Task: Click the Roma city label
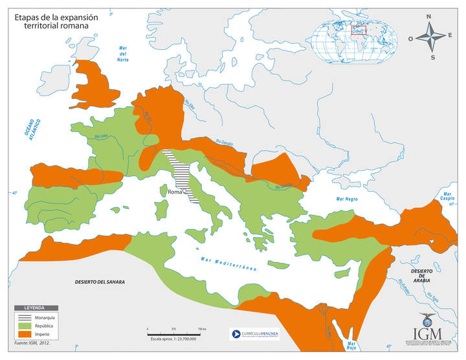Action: point(175,192)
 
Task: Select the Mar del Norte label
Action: point(123,54)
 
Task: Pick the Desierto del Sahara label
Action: point(100,282)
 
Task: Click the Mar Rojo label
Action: point(351,347)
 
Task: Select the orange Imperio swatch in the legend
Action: point(26,333)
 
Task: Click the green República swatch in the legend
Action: point(26,325)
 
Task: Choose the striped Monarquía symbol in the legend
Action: point(26,317)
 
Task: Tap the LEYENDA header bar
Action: point(36,307)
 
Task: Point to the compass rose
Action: point(430,36)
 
